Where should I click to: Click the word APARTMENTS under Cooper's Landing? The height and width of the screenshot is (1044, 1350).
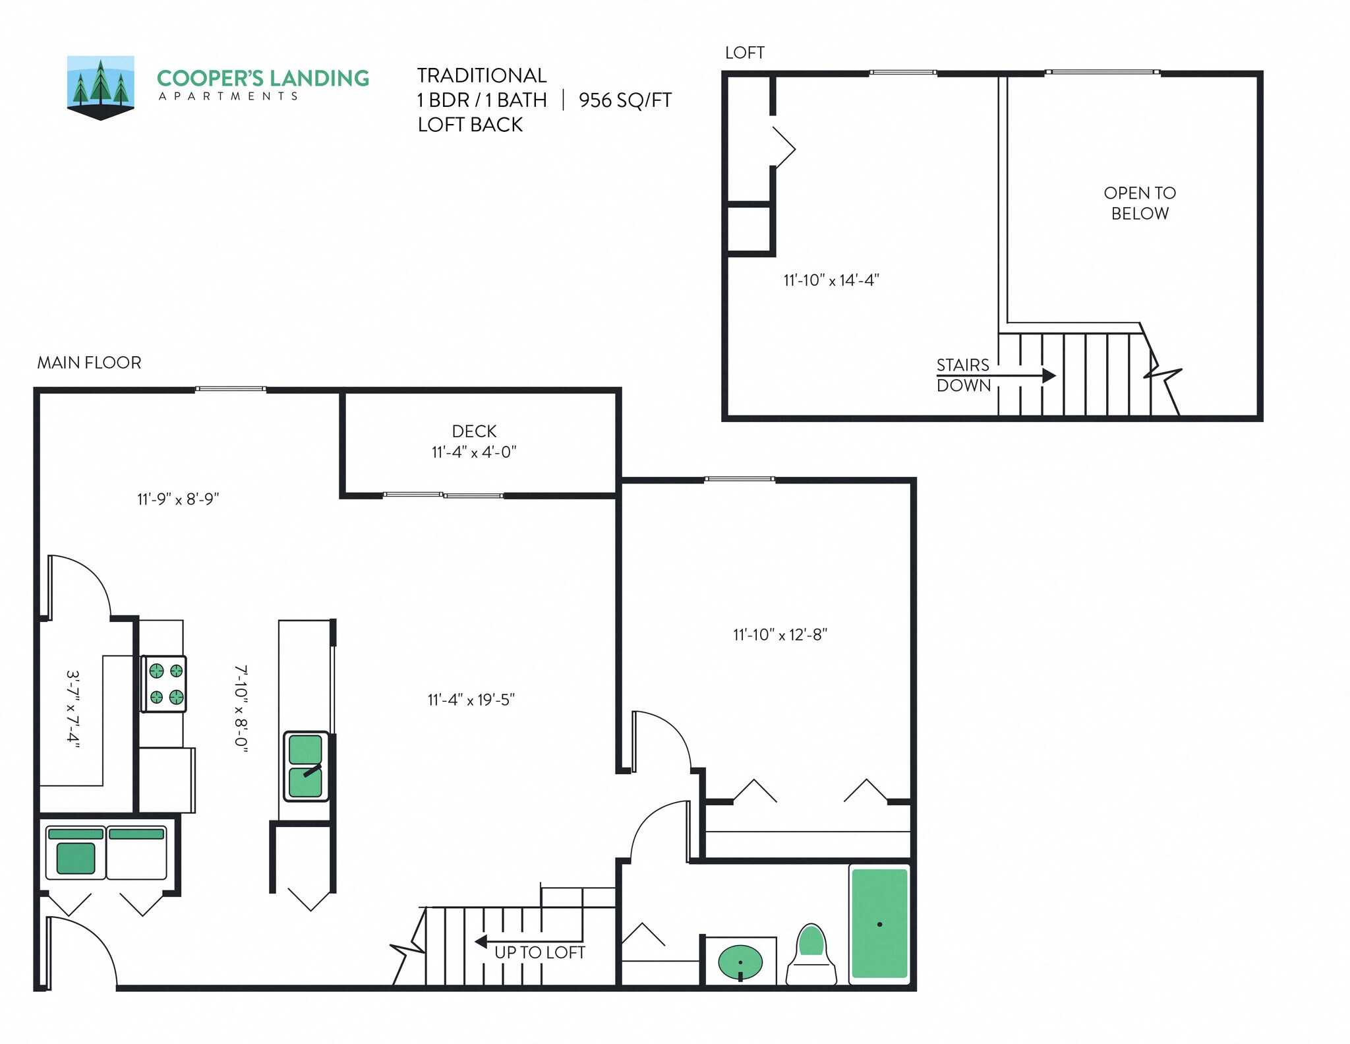[229, 96]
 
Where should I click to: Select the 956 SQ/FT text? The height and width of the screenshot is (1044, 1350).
[624, 100]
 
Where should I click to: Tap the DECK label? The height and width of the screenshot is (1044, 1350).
[474, 431]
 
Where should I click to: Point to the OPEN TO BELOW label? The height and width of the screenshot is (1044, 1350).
[1139, 203]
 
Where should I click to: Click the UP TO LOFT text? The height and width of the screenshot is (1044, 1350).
[539, 952]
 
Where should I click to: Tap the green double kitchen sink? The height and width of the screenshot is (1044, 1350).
[306, 766]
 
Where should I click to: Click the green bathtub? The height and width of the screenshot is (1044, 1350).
[879, 923]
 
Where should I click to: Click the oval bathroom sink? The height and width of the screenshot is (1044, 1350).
[740, 962]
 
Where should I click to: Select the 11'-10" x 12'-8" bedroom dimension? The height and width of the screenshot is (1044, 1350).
[780, 634]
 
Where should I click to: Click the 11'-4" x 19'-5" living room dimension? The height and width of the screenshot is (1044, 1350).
[471, 700]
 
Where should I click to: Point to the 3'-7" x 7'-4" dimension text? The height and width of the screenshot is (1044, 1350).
[73, 710]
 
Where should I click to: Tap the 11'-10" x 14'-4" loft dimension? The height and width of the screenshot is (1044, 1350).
[831, 280]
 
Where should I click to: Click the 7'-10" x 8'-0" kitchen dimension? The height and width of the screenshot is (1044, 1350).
[241, 705]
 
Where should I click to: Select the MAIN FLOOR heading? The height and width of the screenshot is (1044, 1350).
[89, 363]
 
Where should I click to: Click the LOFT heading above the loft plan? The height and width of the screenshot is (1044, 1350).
[744, 53]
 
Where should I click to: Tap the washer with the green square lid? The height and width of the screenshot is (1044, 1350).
[76, 853]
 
